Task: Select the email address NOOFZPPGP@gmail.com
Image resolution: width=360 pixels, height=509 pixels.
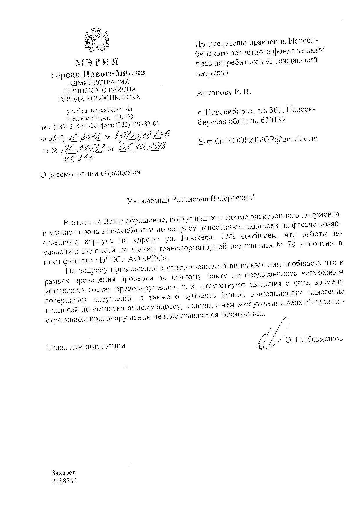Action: [272, 139]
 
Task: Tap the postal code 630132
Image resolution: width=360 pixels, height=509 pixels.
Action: [273, 120]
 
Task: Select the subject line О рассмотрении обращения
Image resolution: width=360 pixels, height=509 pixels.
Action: [90, 173]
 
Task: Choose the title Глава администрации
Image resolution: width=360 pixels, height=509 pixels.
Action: [86, 346]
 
